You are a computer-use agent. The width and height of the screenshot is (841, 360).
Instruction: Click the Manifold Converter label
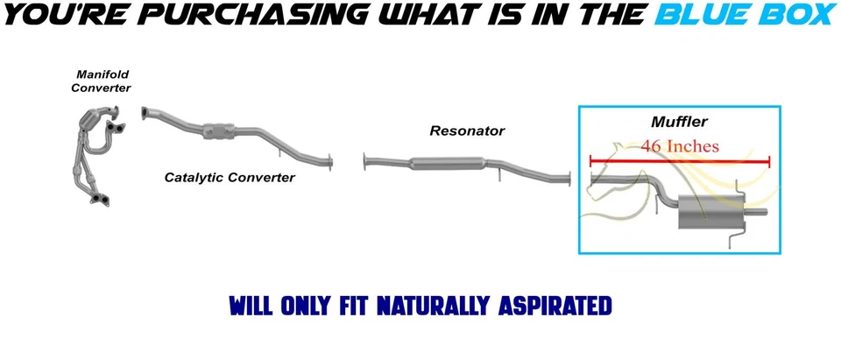tap(101, 81)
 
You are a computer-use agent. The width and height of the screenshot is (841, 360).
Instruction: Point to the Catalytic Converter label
tap(230, 177)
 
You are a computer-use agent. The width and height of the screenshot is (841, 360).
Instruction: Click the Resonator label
tap(467, 131)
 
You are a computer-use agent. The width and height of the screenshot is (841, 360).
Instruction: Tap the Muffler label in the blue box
tap(679, 122)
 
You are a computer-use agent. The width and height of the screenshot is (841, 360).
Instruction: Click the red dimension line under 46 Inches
tap(679, 161)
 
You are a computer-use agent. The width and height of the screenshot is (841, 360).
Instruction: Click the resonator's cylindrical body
tap(447, 162)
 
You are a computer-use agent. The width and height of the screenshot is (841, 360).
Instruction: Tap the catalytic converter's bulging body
tap(218, 131)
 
